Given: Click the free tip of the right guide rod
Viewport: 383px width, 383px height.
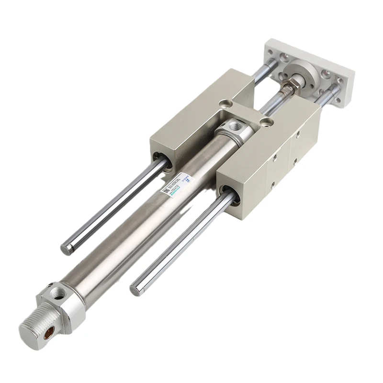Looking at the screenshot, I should tap(135, 288).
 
